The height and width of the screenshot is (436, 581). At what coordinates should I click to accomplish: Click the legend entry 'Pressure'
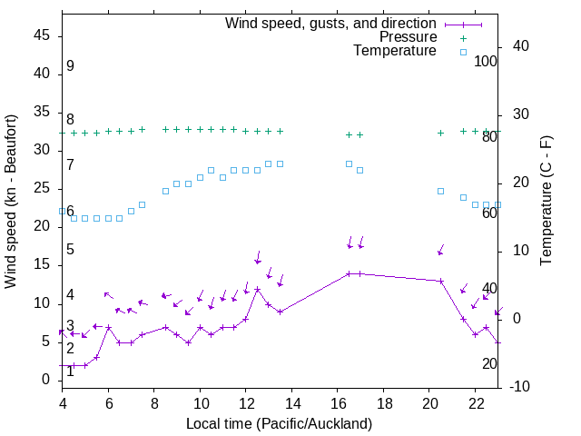tap(409, 37)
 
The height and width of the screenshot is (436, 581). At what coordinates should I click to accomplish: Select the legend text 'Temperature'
tap(395, 52)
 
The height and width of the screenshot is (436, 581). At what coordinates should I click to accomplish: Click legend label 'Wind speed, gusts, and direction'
tap(331, 23)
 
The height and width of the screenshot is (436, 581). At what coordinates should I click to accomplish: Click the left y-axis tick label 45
tap(41, 35)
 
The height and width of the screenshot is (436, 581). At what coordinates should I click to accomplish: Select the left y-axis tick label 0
tap(45, 380)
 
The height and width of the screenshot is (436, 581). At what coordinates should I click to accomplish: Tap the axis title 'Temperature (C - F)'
tap(546, 202)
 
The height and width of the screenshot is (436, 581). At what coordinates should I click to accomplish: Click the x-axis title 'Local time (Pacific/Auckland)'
tap(279, 424)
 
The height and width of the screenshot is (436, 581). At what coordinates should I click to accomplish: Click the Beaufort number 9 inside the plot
tap(70, 66)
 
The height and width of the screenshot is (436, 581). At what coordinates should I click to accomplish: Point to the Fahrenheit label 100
tap(486, 61)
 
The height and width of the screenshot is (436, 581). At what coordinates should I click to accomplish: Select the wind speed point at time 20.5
tap(441, 281)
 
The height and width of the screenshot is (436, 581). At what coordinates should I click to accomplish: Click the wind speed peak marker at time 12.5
tap(258, 289)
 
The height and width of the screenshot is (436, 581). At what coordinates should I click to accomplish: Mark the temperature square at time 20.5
tap(441, 191)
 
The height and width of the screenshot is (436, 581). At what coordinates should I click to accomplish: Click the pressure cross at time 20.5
tap(441, 133)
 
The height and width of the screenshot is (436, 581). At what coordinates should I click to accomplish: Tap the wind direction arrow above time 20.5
tap(441, 250)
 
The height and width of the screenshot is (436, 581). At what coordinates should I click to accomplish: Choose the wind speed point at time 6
tap(109, 327)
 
